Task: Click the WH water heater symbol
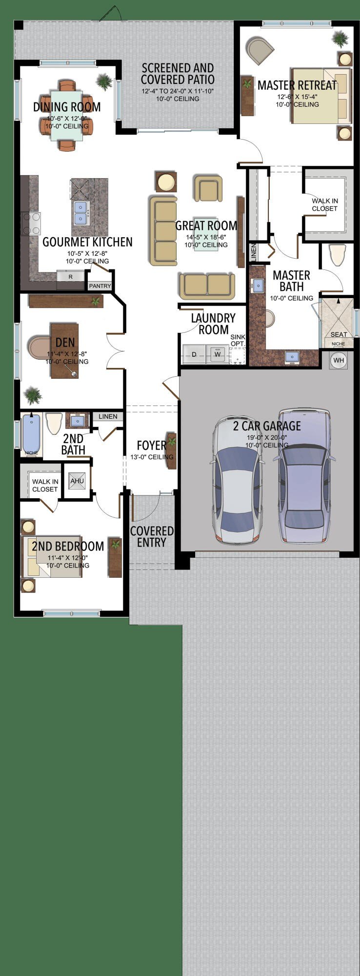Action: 339,361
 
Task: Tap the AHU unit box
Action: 77,481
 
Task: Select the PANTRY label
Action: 100,286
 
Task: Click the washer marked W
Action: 218,354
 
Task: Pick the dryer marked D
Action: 194,354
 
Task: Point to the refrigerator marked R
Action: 71,277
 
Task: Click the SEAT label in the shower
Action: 339,334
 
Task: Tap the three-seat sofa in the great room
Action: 163,231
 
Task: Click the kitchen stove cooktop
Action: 31,224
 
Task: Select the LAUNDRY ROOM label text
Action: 213,324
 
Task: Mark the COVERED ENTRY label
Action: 152,536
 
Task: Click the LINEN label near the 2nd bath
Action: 108,416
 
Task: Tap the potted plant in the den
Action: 33,395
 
